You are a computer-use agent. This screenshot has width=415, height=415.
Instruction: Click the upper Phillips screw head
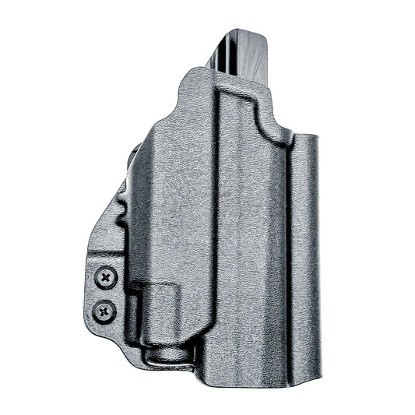tap(105, 276)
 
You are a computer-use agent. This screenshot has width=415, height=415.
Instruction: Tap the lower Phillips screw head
tap(104, 311)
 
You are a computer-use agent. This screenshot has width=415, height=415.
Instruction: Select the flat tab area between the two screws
tap(104, 294)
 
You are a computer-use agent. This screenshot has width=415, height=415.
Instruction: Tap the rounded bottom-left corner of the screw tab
tap(91, 328)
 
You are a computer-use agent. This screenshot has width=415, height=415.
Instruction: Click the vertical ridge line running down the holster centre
tap(217, 234)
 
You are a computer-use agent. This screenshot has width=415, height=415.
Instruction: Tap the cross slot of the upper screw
tap(105, 276)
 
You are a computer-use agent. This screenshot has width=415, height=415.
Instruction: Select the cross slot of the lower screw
tap(104, 311)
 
